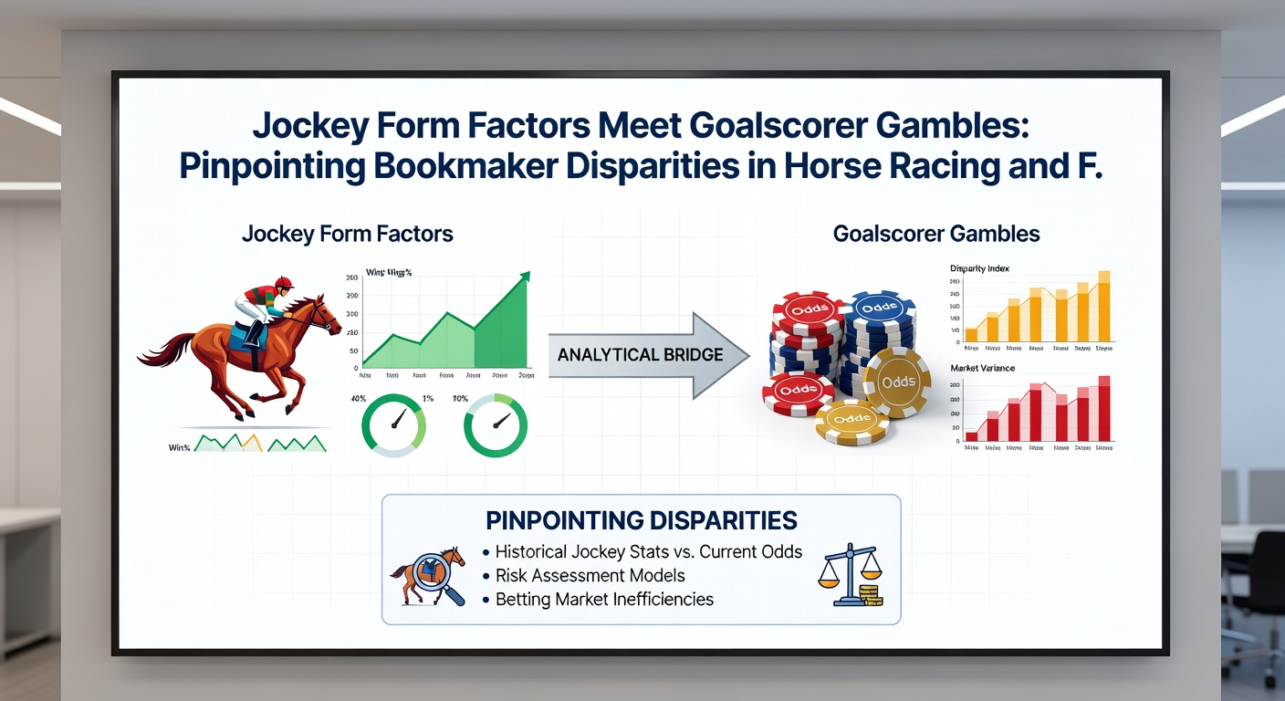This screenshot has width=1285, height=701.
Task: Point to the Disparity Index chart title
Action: pyautogui.click(x=979, y=268)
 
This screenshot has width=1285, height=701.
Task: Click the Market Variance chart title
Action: pyautogui.click(x=982, y=368)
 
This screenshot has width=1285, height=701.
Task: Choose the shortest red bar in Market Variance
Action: pyautogui.click(x=972, y=436)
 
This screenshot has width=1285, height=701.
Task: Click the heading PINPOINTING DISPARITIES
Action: pyautogui.click(x=642, y=520)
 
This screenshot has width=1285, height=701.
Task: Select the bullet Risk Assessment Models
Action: pyautogui.click(x=590, y=576)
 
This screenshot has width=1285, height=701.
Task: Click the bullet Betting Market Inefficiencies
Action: pyautogui.click(x=604, y=600)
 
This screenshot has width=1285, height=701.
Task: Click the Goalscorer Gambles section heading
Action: pyautogui.click(x=936, y=234)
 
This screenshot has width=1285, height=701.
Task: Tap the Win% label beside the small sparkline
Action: pyautogui.click(x=180, y=447)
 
